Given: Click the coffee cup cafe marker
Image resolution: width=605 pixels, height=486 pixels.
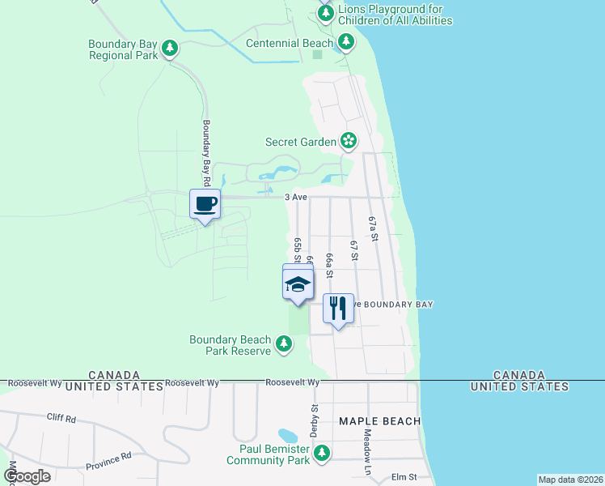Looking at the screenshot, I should click(205, 204).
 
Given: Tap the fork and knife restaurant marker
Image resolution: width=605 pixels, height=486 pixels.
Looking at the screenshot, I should click(339, 309).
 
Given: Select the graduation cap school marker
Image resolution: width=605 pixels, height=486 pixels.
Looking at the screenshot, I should click(298, 283).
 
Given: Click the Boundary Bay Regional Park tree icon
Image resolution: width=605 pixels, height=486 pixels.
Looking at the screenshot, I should click(170, 49).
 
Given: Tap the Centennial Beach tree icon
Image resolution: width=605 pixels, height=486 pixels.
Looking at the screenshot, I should click(346, 40).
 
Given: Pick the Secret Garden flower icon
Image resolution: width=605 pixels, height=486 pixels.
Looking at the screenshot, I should click(349, 142).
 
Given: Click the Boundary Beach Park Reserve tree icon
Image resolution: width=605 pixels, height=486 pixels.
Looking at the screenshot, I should click(283, 344).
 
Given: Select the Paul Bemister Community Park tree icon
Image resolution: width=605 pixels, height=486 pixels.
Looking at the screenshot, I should click(322, 453).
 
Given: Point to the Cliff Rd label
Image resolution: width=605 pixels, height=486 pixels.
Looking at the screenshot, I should click(61, 420).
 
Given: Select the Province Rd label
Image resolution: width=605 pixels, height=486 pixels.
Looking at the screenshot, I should click(108, 461).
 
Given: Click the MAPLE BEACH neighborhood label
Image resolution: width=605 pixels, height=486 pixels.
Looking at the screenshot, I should click(380, 421).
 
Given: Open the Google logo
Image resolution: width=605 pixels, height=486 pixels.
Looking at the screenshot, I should click(27, 476).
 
